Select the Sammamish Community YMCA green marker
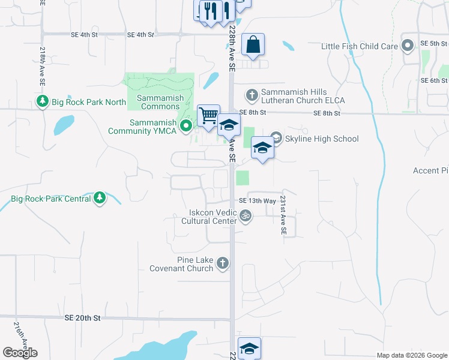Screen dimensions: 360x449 (186, 126)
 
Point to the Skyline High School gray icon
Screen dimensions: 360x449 (276, 138)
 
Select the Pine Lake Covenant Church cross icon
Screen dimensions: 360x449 (223, 263)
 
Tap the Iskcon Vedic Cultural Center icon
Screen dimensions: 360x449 (245, 215)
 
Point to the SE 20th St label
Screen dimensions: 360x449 (82, 318)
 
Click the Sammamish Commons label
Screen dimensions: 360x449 (160, 102)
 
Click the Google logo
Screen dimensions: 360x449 (20, 353)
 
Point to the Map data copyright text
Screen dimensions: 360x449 (412, 355)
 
